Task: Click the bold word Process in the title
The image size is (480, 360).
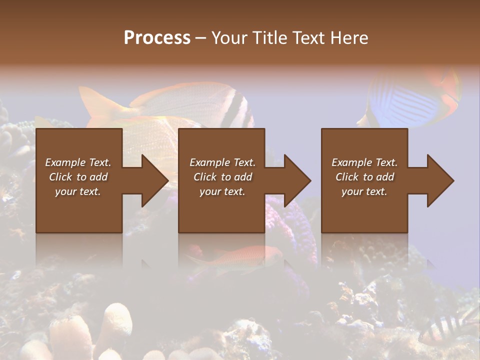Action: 157,38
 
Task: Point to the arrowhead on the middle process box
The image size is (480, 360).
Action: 296,180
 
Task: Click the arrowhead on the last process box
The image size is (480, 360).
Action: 439,180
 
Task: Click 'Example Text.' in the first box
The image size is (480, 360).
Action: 78,162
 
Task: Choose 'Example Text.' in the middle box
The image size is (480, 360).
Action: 222,162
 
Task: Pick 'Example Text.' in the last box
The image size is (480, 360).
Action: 364,162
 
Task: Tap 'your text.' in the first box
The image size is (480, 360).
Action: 78,191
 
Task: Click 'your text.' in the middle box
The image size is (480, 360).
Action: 222,191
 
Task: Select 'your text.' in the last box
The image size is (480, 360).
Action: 364,191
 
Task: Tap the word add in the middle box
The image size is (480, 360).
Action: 243,177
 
